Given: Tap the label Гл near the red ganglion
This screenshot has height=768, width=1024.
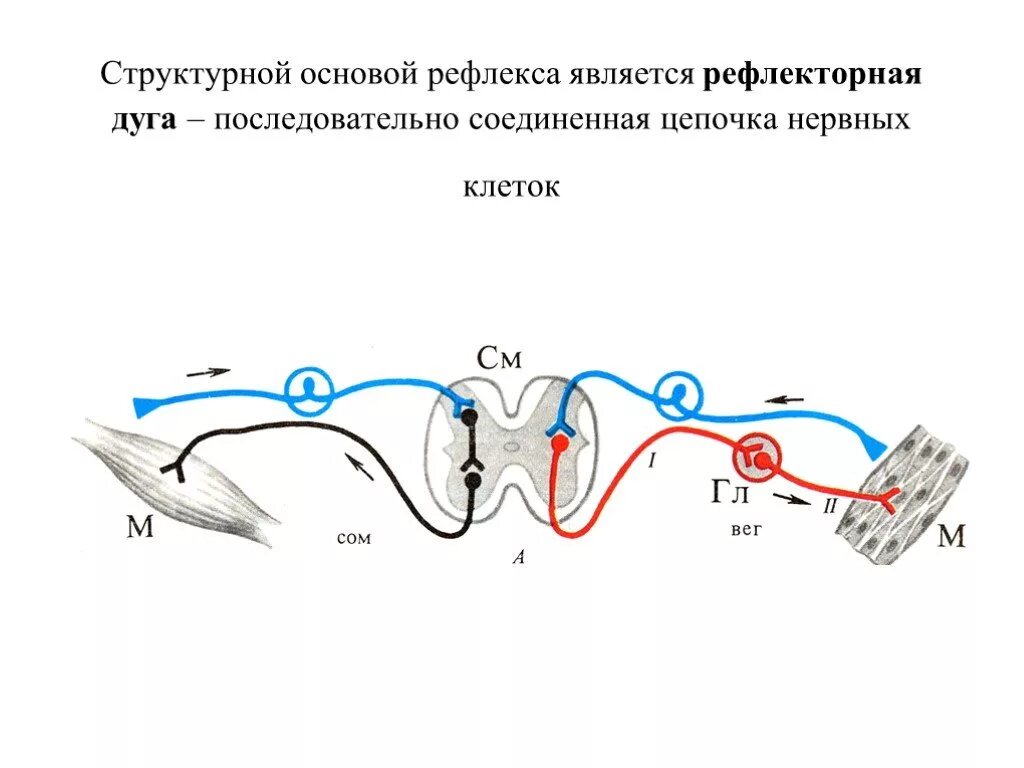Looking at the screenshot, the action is click(731, 493).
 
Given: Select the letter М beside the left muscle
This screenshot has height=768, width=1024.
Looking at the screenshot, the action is click(140, 526).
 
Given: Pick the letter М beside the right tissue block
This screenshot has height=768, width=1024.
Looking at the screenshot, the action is click(951, 538).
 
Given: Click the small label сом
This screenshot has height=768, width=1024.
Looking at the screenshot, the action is click(354, 538).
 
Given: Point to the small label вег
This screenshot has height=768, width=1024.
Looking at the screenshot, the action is click(745, 529).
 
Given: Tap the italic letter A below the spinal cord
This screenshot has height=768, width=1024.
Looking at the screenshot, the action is click(518, 559).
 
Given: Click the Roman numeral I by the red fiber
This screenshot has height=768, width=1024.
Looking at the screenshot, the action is click(651, 461).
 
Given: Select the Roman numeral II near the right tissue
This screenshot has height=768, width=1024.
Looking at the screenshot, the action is click(829, 506).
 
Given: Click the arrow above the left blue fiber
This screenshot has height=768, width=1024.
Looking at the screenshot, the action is click(208, 372).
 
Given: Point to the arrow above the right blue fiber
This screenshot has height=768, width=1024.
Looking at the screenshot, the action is click(785, 399).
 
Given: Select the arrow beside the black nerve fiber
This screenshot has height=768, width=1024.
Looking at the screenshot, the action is click(359, 464).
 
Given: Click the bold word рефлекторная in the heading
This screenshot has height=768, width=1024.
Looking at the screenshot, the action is click(813, 76).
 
